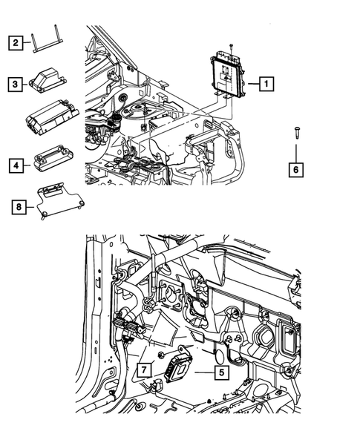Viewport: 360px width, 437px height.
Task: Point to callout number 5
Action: coord(220,375)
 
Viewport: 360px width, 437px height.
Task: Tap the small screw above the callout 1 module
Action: coord(231,47)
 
